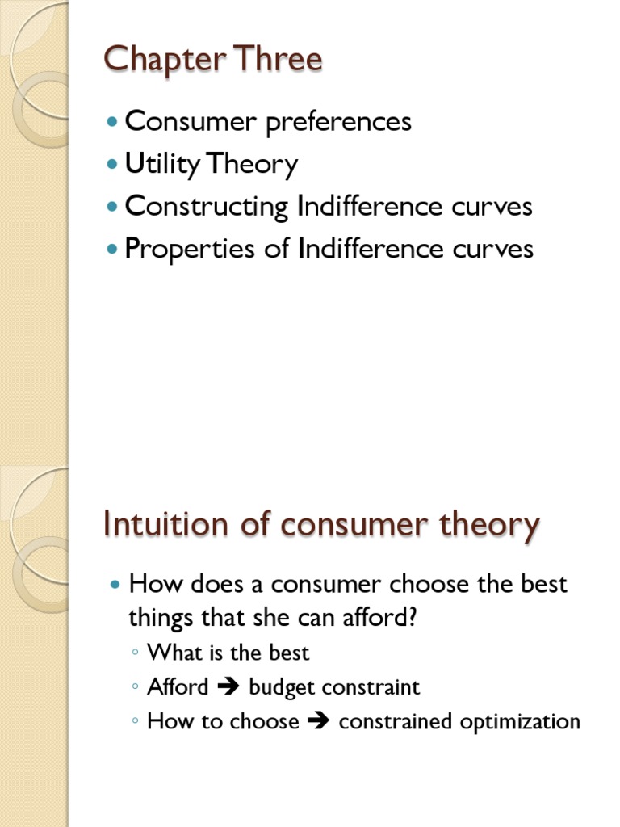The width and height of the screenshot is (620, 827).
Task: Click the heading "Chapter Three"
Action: (x=213, y=60)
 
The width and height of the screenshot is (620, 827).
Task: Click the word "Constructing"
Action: (x=207, y=207)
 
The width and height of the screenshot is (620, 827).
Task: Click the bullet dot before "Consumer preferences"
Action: (x=112, y=122)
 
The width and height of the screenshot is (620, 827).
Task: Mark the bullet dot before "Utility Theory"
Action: (x=112, y=164)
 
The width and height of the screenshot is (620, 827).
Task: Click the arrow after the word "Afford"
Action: (x=228, y=687)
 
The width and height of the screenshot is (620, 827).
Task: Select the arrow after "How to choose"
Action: (x=319, y=721)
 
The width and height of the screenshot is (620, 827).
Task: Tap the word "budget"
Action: (x=282, y=687)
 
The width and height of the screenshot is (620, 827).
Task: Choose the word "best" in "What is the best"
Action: (x=290, y=652)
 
